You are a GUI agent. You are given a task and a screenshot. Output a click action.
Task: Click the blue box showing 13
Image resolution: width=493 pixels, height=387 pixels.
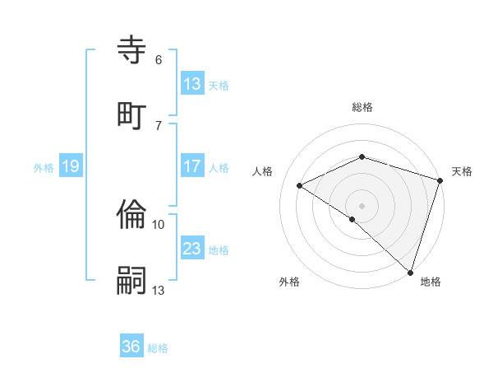coord(192,84)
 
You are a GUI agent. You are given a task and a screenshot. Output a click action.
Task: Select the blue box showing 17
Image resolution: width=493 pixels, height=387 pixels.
coord(192,166)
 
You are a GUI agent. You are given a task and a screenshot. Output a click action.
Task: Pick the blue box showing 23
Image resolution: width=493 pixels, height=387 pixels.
coord(192,249)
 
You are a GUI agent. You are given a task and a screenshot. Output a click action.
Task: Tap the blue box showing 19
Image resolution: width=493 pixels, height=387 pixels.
coord(70,167)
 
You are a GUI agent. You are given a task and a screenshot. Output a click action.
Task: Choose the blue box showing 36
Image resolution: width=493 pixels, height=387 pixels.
coord(131,347)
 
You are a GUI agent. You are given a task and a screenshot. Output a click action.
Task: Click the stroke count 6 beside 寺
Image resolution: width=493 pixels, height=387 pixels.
coord(159,60)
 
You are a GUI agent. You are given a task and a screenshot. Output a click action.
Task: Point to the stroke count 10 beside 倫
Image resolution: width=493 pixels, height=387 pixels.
coord(159,224)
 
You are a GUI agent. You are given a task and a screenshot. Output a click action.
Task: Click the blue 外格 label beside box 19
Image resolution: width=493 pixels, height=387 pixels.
coord(44,168)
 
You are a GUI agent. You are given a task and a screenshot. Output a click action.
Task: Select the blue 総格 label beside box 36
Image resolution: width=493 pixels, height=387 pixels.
coord(158,348)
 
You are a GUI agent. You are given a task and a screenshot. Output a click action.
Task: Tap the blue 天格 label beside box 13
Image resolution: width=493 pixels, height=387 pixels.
coord(219,85)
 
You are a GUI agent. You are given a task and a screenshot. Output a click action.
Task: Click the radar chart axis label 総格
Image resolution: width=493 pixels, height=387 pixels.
coord(362,107)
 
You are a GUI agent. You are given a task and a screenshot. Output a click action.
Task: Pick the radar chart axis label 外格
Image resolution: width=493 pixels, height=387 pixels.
coord(289,282)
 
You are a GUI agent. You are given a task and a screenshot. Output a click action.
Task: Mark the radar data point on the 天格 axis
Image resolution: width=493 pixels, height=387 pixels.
coord(441,180)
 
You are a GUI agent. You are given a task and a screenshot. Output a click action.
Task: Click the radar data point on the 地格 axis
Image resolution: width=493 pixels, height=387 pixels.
coord(411,272)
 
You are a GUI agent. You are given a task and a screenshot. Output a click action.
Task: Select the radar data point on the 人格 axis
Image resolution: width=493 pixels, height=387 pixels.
coord(300,186)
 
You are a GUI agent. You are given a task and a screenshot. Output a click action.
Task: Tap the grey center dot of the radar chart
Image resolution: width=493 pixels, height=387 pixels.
coord(362,205)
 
